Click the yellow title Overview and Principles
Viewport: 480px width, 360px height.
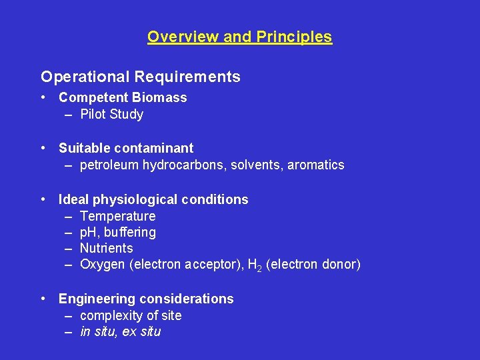239,37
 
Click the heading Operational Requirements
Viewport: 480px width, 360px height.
141,77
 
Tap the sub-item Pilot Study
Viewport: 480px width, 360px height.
111,114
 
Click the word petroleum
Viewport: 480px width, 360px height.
109,165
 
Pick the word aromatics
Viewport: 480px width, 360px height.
315,165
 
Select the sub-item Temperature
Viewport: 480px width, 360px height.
117,216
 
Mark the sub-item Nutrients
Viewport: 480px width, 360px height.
106,248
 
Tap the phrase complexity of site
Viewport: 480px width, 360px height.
131,315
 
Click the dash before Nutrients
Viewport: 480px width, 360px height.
69,248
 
